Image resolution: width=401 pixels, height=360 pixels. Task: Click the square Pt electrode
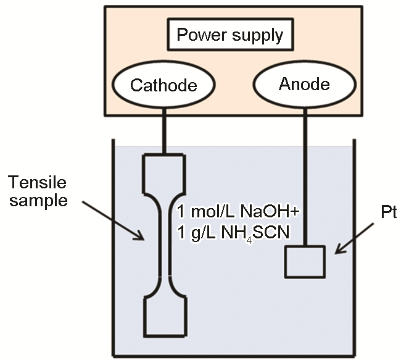tap(304, 261)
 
